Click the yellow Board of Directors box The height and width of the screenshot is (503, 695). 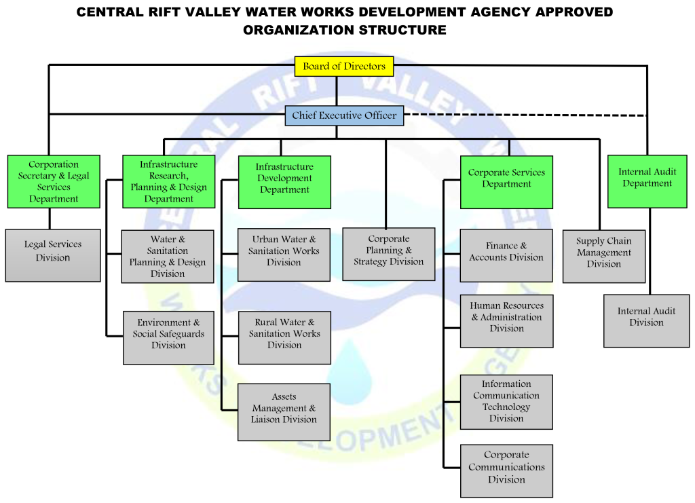[x=343, y=67]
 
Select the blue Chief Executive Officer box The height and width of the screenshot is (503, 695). [x=344, y=115]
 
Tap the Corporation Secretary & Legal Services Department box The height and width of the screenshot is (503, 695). [x=54, y=181]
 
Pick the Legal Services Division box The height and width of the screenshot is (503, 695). [x=53, y=255]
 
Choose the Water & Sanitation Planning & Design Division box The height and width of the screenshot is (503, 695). [x=168, y=256]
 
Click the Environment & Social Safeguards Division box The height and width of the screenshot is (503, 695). [x=168, y=337]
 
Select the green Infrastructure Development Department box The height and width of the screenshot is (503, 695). [x=284, y=182]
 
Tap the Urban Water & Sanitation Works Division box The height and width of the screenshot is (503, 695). [x=284, y=255]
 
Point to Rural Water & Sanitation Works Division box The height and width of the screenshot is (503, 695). [x=284, y=337]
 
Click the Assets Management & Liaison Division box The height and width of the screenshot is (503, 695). [x=284, y=412]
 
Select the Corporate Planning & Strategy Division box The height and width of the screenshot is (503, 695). [x=388, y=254]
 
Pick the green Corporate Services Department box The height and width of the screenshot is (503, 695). [x=506, y=182]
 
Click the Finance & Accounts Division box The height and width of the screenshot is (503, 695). [x=506, y=255]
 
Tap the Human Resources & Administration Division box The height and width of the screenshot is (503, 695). [x=506, y=321]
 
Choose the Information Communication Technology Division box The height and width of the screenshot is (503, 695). [x=506, y=402]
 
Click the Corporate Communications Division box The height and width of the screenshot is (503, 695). [x=506, y=470]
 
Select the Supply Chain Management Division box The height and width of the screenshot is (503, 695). [x=603, y=256]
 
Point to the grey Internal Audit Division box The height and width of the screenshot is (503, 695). [x=646, y=320]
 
